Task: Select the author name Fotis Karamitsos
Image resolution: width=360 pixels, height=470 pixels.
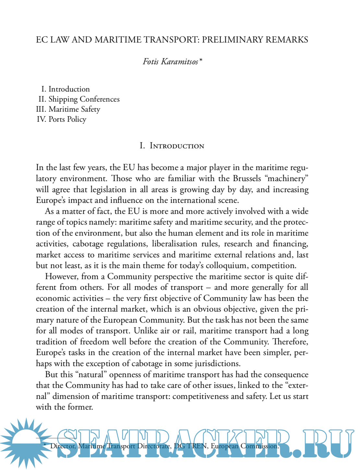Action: coord(170,62)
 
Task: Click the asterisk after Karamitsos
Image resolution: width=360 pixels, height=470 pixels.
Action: coord(201,61)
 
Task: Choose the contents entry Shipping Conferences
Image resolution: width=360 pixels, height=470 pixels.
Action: coord(84,99)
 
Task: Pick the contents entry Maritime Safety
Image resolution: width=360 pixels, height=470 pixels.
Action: coord(74,109)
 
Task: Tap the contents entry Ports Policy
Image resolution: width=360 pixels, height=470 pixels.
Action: coord(67,119)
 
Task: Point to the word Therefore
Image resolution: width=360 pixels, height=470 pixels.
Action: coord(290,342)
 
